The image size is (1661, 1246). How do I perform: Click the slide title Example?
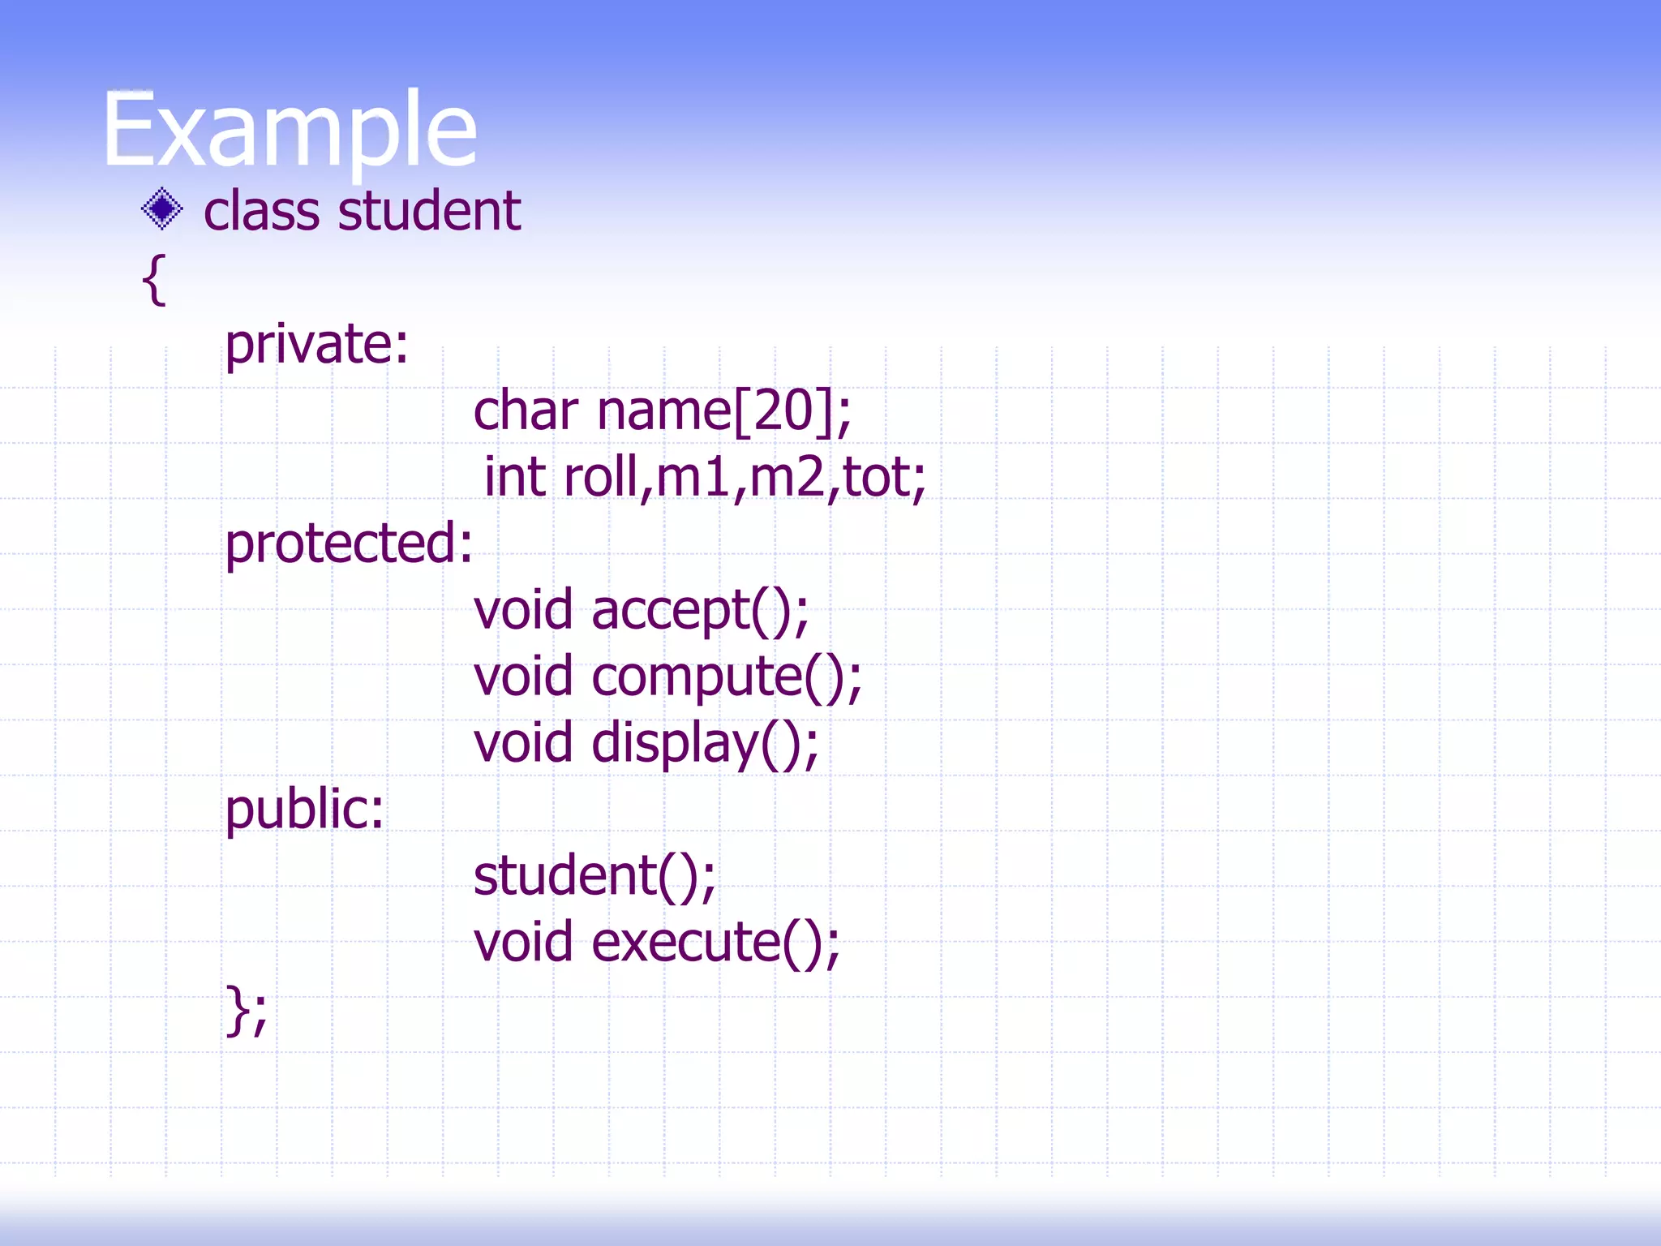click(x=290, y=130)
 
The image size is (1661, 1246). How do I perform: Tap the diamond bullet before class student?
click(x=162, y=209)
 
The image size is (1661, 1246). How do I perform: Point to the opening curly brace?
click(x=154, y=279)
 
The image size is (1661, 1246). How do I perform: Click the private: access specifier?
click(x=316, y=345)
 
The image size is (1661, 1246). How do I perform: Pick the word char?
click(x=526, y=410)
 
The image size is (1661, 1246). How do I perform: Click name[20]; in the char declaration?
click(x=723, y=410)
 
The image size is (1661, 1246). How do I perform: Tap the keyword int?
click(x=514, y=477)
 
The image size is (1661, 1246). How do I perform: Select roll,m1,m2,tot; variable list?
click(x=745, y=477)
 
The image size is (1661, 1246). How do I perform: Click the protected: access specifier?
click(x=349, y=544)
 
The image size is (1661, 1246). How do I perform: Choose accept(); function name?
click(x=699, y=610)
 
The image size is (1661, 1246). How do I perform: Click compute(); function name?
click(x=726, y=677)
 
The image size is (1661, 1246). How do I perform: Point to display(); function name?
click(x=705, y=743)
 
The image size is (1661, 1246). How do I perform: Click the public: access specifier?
click(x=304, y=810)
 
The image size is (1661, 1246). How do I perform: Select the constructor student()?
click(x=594, y=876)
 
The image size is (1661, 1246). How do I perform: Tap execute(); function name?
click(x=715, y=943)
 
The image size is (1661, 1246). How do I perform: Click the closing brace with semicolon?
click(x=246, y=1010)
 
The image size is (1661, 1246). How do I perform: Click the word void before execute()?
click(x=523, y=943)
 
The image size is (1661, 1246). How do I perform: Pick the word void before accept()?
click(x=523, y=610)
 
